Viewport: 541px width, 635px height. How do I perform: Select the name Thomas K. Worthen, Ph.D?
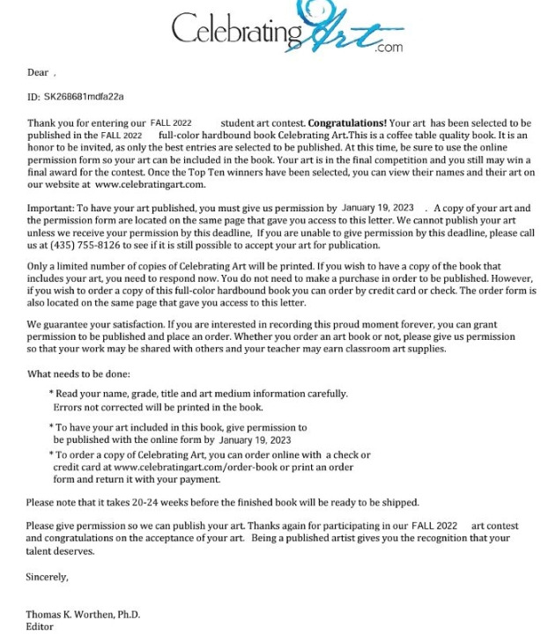(83, 614)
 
